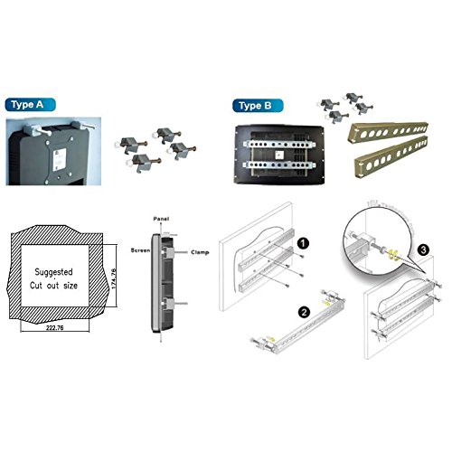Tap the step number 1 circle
coord(305,243)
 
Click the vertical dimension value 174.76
coord(112,280)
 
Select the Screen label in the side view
coord(141,250)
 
